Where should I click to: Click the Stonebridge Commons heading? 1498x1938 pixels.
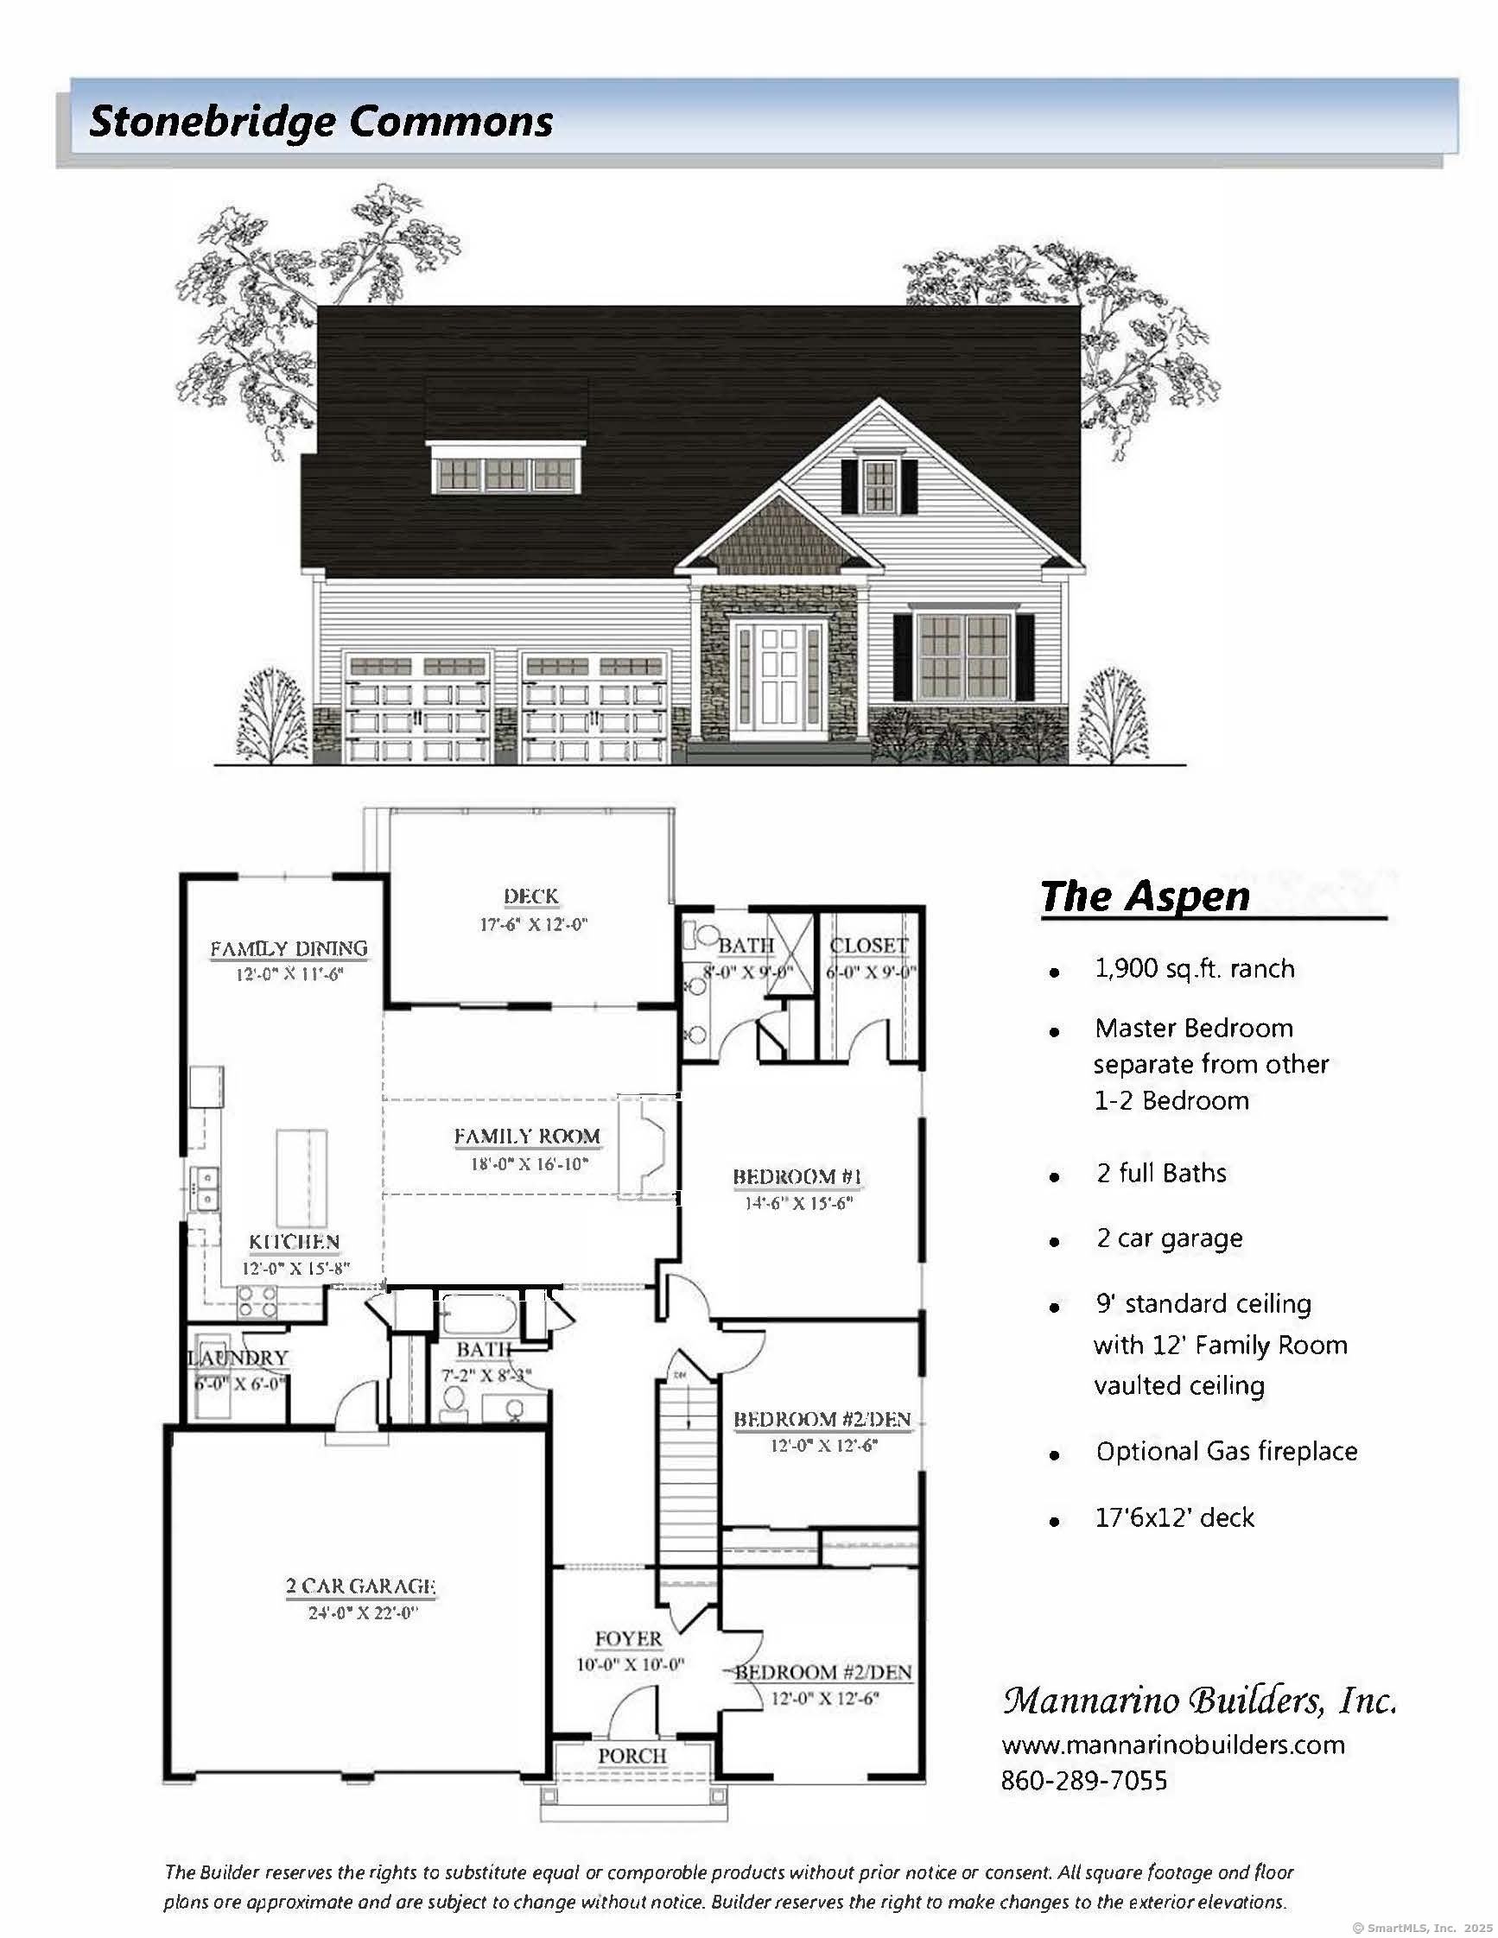[x=321, y=122]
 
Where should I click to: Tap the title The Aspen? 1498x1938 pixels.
[x=1145, y=896]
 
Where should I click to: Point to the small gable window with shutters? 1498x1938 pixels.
[x=879, y=486]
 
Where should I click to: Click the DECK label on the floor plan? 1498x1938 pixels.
[x=530, y=896]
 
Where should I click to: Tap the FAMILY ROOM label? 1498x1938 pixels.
[x=527, y=1136]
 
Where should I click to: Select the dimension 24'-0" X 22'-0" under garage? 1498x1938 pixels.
[x=363, y=1613]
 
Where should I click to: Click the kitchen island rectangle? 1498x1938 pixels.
[x=302, y=1176]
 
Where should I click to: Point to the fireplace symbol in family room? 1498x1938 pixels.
[x=648, y=1149]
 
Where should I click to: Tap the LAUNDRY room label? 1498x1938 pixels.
[x=238, y=1358]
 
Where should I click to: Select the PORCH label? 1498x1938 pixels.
[x=632, y=1756]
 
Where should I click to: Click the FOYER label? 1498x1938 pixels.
[x=628, y=1639]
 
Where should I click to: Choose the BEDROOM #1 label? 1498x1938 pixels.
[x=797, y=1177]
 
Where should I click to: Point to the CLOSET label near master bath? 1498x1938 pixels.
[x=869, y=946]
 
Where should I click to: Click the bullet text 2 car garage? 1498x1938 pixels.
[x=1169, y=1238]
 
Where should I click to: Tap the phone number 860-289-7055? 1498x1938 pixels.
[x=1083, y=1781]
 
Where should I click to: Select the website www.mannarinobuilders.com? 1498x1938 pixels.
[x=1173, y=1745]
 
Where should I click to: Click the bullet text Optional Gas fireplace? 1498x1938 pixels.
[x=1226, y=1452]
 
